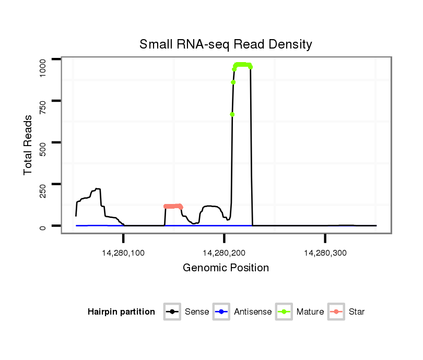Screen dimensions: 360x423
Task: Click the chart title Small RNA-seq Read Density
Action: (226, 44)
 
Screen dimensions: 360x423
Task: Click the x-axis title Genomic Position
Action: (226, 268)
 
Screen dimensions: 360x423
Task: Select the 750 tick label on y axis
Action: (43, 101)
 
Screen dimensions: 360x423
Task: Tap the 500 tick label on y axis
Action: (43, 142)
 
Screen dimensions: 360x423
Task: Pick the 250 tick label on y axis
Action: (43, 184)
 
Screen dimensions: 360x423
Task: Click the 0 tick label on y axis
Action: (43, 226)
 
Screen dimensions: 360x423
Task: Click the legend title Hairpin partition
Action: (121, 312)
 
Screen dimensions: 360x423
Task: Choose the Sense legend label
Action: (197, 312)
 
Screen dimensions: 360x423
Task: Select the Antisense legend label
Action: (253, 312)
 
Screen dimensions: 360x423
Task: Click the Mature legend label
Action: (310, 312)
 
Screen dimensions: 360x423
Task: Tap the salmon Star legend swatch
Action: (337, 312)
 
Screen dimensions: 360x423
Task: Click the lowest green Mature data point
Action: (232, 114)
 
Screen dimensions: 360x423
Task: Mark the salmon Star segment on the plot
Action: (173, 206)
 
